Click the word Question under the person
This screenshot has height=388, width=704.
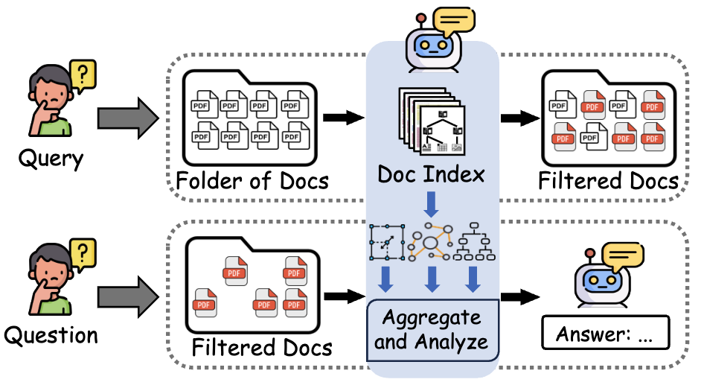pos(51,336)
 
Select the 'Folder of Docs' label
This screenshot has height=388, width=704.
pos(252,181)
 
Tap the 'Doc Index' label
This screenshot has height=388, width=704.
pos(431,174)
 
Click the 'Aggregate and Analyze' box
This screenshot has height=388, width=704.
pos(432,330)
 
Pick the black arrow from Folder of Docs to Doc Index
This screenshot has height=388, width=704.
pos(345,117)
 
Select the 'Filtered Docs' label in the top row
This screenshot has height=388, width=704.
pos(608,181)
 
